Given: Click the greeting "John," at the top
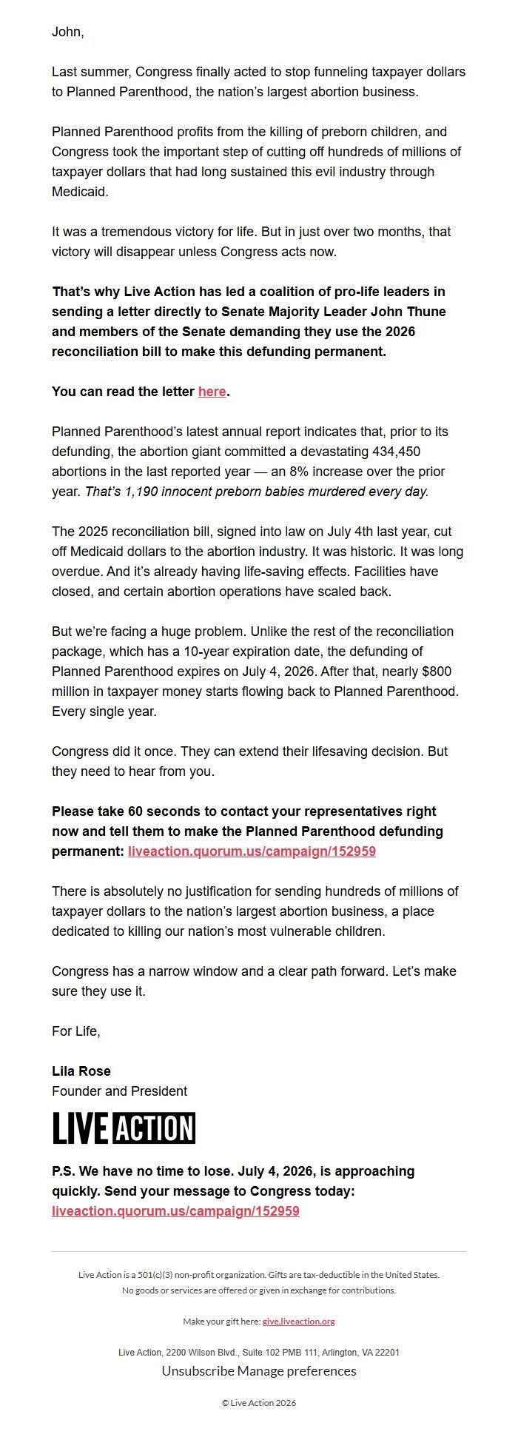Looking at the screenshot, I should click(x=67, y=32).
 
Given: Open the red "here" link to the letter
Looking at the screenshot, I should click(x=212, y=392).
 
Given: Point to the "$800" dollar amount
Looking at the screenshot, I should click(x=435, y=672).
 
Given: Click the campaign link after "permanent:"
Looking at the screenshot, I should click(x=252, y=851).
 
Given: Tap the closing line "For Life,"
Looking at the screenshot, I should click(x=75, y=1031).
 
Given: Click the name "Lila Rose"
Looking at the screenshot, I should click(x=81, y=1071).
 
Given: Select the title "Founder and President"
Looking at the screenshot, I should click(x=119, y=1091).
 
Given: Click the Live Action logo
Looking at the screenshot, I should click(x=124, y=1128).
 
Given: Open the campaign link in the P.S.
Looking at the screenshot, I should click(x=175, y=1211).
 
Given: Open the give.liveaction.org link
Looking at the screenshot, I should click(x=298, y=1322).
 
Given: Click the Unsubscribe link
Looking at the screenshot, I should click(x=198, y=1371).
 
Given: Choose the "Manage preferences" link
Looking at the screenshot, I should click(x=297, y=1371).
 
